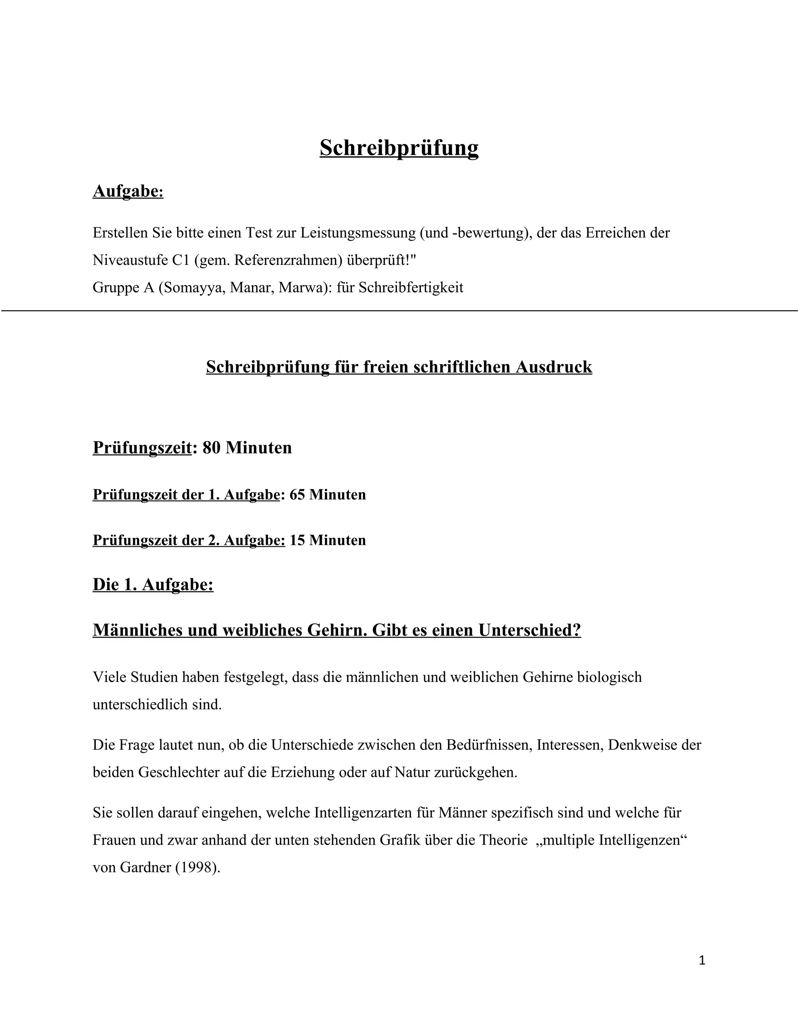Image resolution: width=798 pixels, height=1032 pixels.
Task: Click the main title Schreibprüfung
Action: [399, 148]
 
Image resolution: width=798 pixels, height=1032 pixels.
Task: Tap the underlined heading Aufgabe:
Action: [128, 191]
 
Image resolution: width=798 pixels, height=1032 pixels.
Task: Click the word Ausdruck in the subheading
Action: [554, 367]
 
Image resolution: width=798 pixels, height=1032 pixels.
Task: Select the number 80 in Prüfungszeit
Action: [211, 447]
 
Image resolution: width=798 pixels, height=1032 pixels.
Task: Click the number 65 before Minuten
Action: [297, 495]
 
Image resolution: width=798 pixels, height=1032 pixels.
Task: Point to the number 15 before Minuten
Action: [297, 540]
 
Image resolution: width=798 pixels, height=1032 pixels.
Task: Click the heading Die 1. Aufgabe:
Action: [153, 585]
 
